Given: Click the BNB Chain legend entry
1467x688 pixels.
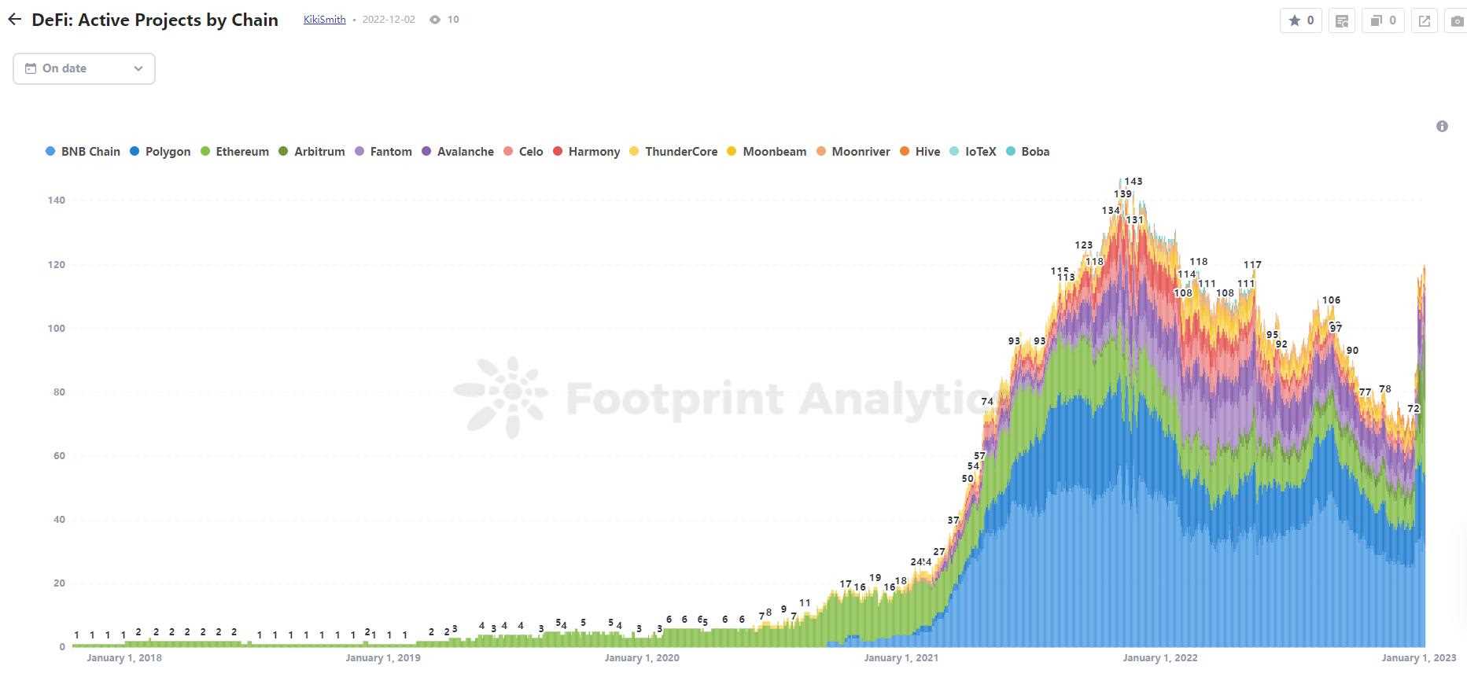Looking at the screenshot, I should coord(83,152).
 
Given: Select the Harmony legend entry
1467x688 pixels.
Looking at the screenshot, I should coord(586,152).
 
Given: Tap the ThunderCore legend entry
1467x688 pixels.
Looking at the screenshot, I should coord(673,152).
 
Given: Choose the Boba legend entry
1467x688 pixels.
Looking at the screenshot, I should coord(1027,152).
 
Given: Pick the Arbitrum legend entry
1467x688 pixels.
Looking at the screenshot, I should coord(311,152).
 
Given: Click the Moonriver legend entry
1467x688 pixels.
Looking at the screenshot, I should coord(853,152).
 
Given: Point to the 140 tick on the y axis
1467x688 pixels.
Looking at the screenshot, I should coord(56,201).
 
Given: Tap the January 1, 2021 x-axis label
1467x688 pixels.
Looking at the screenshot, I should coord(901,658).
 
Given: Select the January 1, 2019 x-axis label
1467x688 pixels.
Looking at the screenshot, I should coord(383,658).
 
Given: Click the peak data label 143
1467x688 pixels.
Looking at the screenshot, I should coord(1133,182).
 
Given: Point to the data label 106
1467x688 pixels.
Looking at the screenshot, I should coord(1331,300).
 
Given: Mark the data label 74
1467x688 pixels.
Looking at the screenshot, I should coord(987,402).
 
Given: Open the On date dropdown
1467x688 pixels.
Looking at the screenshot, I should coord(84,68).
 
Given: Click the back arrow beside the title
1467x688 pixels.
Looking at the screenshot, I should coord(15,20).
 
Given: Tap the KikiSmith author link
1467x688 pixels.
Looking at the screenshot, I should coord(324,20).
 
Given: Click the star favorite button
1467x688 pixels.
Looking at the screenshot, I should coord(1301,20).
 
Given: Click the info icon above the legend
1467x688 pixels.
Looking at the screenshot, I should coord(1442,126).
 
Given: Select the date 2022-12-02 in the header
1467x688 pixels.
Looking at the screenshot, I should coord(389,20).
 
